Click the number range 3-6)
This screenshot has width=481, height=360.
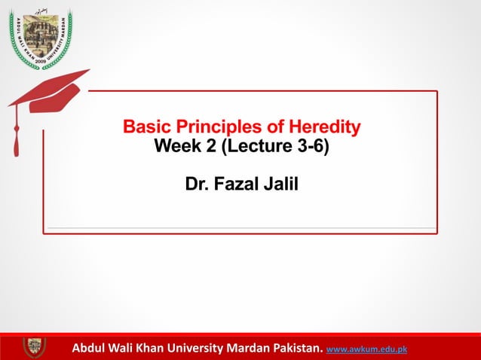tap(314, 146)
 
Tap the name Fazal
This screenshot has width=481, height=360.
tap(237, 184)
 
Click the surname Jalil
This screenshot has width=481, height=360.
tap(280, 184)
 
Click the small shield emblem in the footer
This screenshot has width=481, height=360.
tap(34, 347)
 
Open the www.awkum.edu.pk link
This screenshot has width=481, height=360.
tap(366, 349)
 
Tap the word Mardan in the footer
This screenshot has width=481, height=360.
tap(246, 349)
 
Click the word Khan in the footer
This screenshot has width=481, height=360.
tap(144, 349)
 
